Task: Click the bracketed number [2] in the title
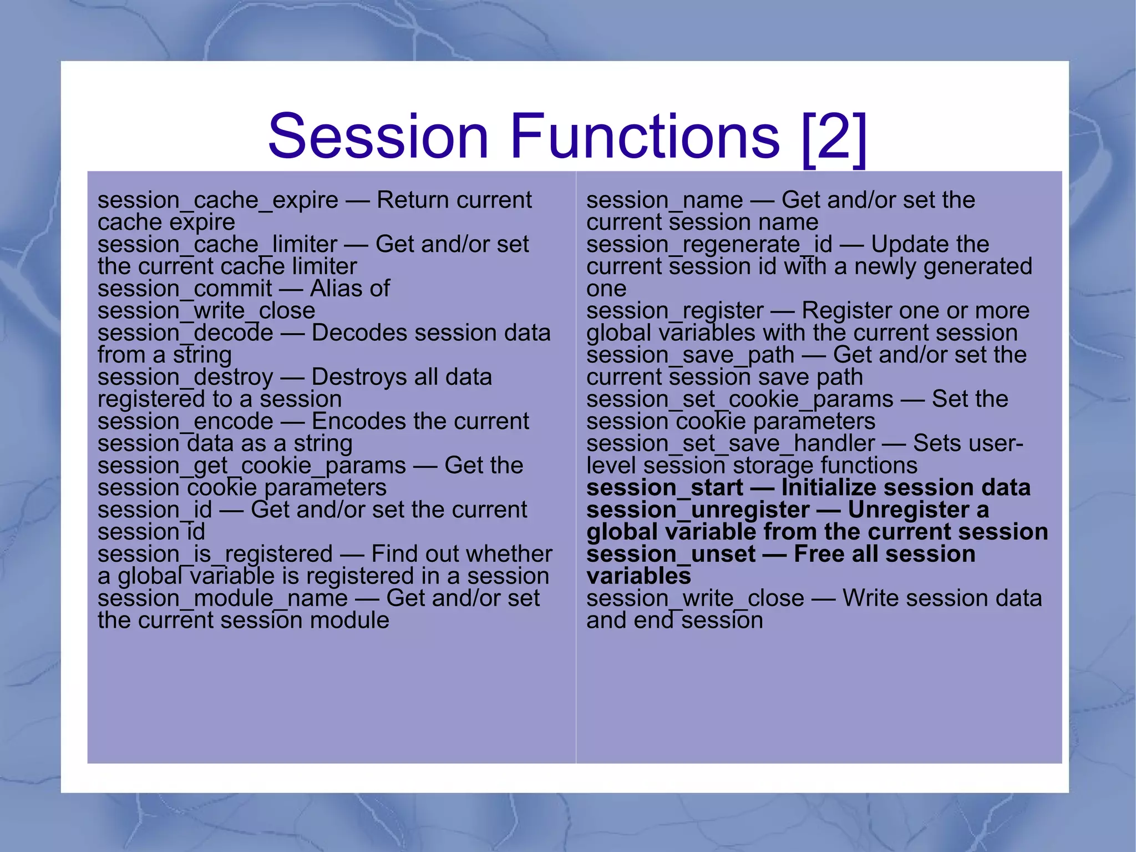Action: pos(834,139)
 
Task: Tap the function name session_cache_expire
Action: pos(217,200)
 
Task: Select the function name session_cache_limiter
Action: pos(217,245)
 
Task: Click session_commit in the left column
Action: pos(185,289)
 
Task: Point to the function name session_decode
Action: pos(185,333)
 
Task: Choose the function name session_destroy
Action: pos(185,377)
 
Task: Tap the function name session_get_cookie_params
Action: pos(251,466)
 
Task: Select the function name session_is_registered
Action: pos(215,554)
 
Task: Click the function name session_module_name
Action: pos(222,598)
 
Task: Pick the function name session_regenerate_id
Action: pos(709,245)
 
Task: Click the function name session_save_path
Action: pos(690,355)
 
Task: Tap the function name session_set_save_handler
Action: pos(730,443)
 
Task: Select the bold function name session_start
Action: pos(664,488)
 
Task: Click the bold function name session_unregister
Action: pos(698,510)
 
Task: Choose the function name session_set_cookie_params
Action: pos(739,400)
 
